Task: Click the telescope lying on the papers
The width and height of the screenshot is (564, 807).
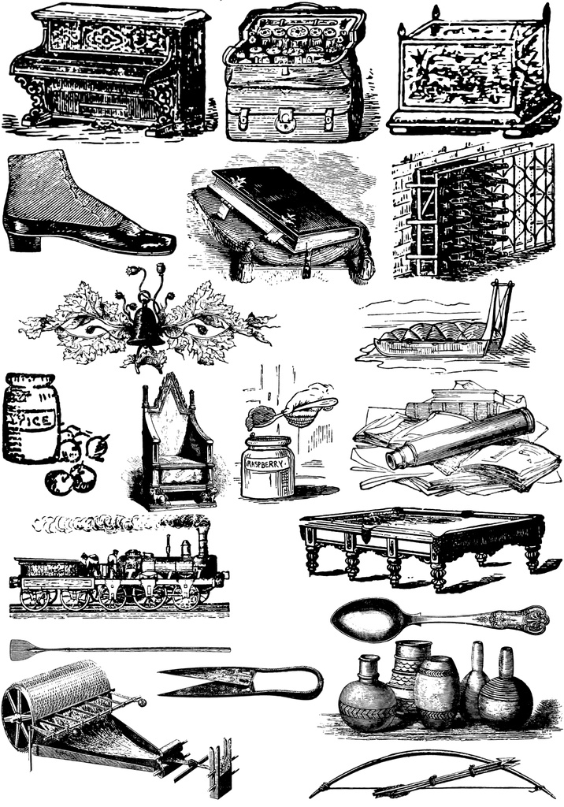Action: tap(461, 437)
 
